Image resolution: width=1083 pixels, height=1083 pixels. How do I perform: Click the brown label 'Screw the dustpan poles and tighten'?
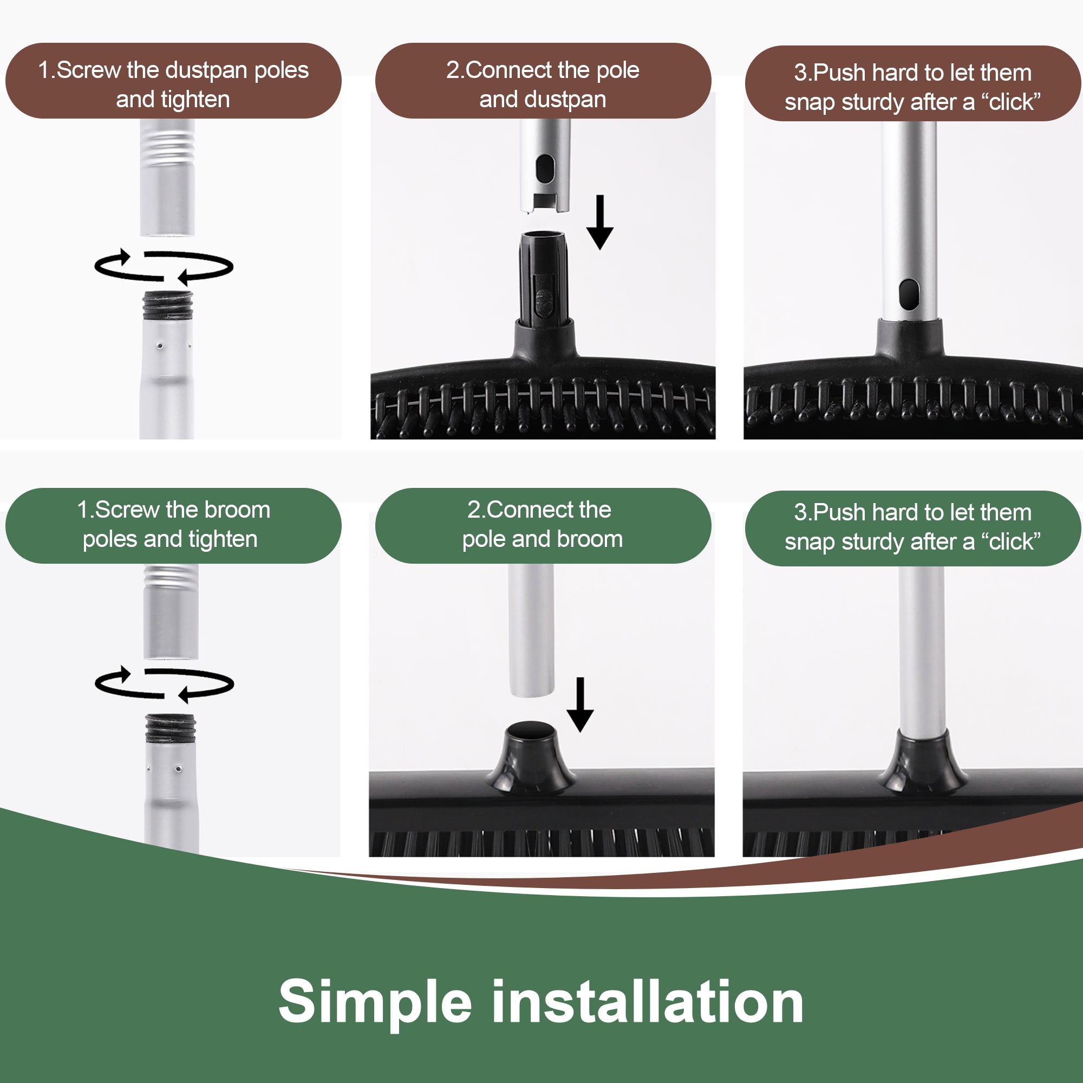(x=173, y=81)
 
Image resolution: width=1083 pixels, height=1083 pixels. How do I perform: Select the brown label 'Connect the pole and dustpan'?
(x=543, y=81)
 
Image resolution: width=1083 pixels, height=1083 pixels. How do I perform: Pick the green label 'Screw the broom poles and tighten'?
(x=173, y=525)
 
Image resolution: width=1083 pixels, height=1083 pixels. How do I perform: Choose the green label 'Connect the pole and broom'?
(x=543, y=525)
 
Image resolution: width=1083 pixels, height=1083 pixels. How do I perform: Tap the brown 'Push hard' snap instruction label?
(x=912, y=83)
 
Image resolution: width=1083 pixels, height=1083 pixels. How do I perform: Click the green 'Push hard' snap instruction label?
(x=912, y=528)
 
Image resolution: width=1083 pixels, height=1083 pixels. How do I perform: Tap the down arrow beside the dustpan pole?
(x=600, y=222)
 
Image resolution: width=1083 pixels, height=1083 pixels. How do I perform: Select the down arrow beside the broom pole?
(x=580, y=704)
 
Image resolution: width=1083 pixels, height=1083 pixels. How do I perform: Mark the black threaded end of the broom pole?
(x=171, y=728)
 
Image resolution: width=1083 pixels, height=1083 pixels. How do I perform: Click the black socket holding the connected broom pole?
(x=922, y=761)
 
